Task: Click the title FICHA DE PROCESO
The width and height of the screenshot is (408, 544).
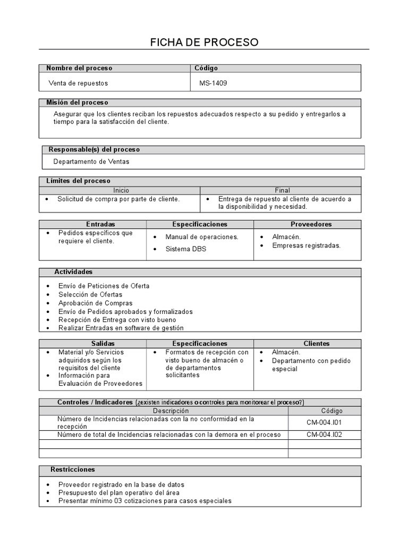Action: coord(204,42)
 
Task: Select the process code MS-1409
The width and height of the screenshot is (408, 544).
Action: coord(213,83)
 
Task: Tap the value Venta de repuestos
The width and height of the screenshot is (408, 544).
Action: coord(78,83)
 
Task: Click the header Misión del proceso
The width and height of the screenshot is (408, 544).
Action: coord(77,102)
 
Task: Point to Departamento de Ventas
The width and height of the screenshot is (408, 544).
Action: coord(91,161)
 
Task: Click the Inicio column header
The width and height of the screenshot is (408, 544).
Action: coord(120,190)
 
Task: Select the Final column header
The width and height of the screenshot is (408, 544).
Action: coord(282,190)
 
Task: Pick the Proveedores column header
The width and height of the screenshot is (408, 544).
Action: coord(311,224)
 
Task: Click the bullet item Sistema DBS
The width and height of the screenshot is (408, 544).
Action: coord(185,249)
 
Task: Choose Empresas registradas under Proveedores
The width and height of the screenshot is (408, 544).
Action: coord(306,245)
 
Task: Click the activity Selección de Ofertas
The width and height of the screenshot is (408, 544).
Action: coord(90,294)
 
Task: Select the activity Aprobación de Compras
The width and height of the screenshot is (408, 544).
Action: coord(95,303)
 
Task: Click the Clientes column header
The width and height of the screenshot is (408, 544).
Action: coord(316,344)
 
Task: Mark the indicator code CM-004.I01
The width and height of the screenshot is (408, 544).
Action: coord(325,422)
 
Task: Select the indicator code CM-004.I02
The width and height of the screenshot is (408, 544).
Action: coord(325,435)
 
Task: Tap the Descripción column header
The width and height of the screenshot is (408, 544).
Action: coord(171,411)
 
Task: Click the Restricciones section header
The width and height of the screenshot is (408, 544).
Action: coord(73,470)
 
